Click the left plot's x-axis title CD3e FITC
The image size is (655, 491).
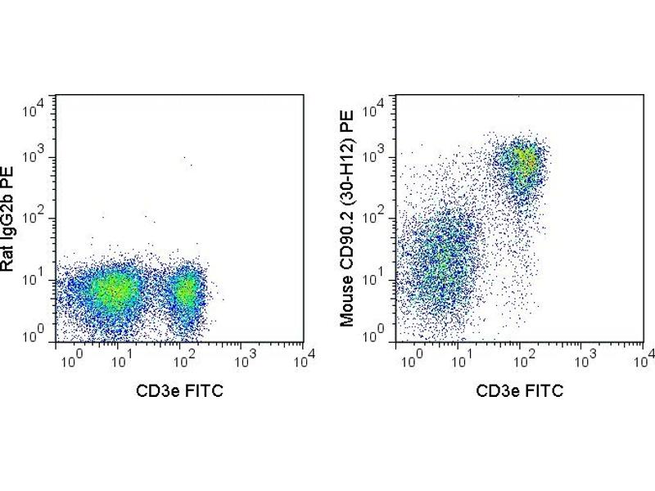(179, 390)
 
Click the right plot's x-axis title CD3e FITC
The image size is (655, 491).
(520, 390)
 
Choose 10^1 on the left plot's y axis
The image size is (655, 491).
(40, 281)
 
